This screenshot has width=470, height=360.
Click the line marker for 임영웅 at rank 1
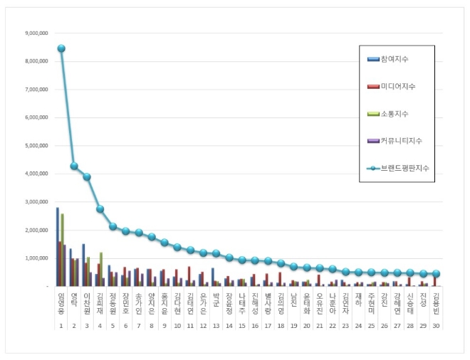(61, 48)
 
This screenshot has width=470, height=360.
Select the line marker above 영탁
(74, 166)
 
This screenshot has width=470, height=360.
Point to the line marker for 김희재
(100, 208)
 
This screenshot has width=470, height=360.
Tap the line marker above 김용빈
(436, 273)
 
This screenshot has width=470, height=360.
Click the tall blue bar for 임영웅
(58, 246)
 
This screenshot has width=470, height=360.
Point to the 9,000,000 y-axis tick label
(36, 33)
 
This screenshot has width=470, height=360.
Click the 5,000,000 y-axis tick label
(36, 146)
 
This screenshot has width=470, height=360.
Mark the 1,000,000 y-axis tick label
(36, 258)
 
